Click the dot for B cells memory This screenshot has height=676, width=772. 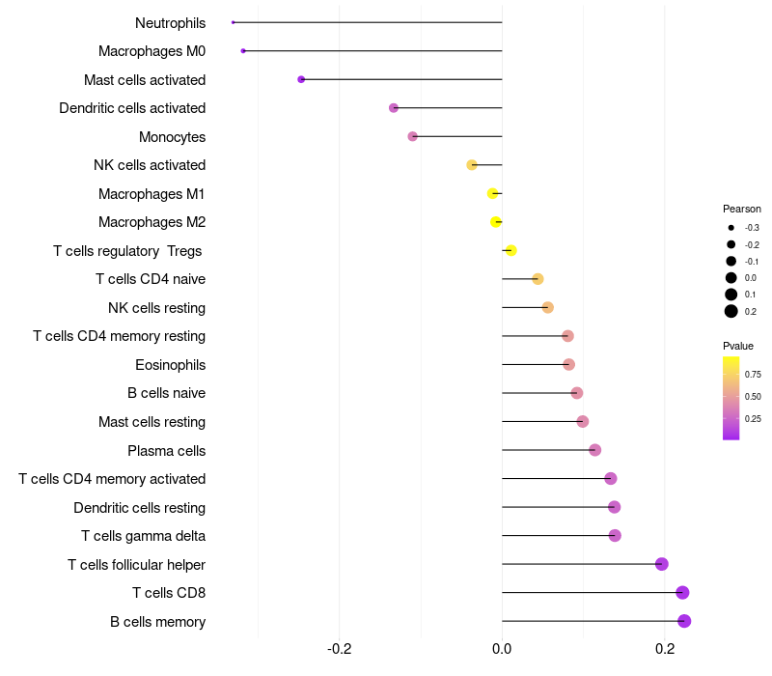[684, 621]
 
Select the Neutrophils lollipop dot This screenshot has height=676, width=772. [234, 22]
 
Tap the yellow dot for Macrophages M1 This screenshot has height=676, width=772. [493, 193]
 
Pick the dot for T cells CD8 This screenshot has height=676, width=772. [682, 593]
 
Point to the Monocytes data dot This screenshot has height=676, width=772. [413, 136]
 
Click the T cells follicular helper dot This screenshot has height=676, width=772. [661, 564]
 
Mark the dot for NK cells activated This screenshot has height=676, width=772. [472, 165]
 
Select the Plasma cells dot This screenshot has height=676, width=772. [594, 450]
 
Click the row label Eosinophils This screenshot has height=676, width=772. [170, 365]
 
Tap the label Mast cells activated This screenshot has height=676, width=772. [145, 79]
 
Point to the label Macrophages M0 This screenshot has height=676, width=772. [152, 51]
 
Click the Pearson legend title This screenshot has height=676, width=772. [742, 209]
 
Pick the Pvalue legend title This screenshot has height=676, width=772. [738, 346]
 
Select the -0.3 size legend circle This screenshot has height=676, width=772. [731, 228]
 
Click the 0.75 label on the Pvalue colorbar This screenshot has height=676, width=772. [753, 374]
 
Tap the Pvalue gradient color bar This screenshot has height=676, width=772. [731, 398]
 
